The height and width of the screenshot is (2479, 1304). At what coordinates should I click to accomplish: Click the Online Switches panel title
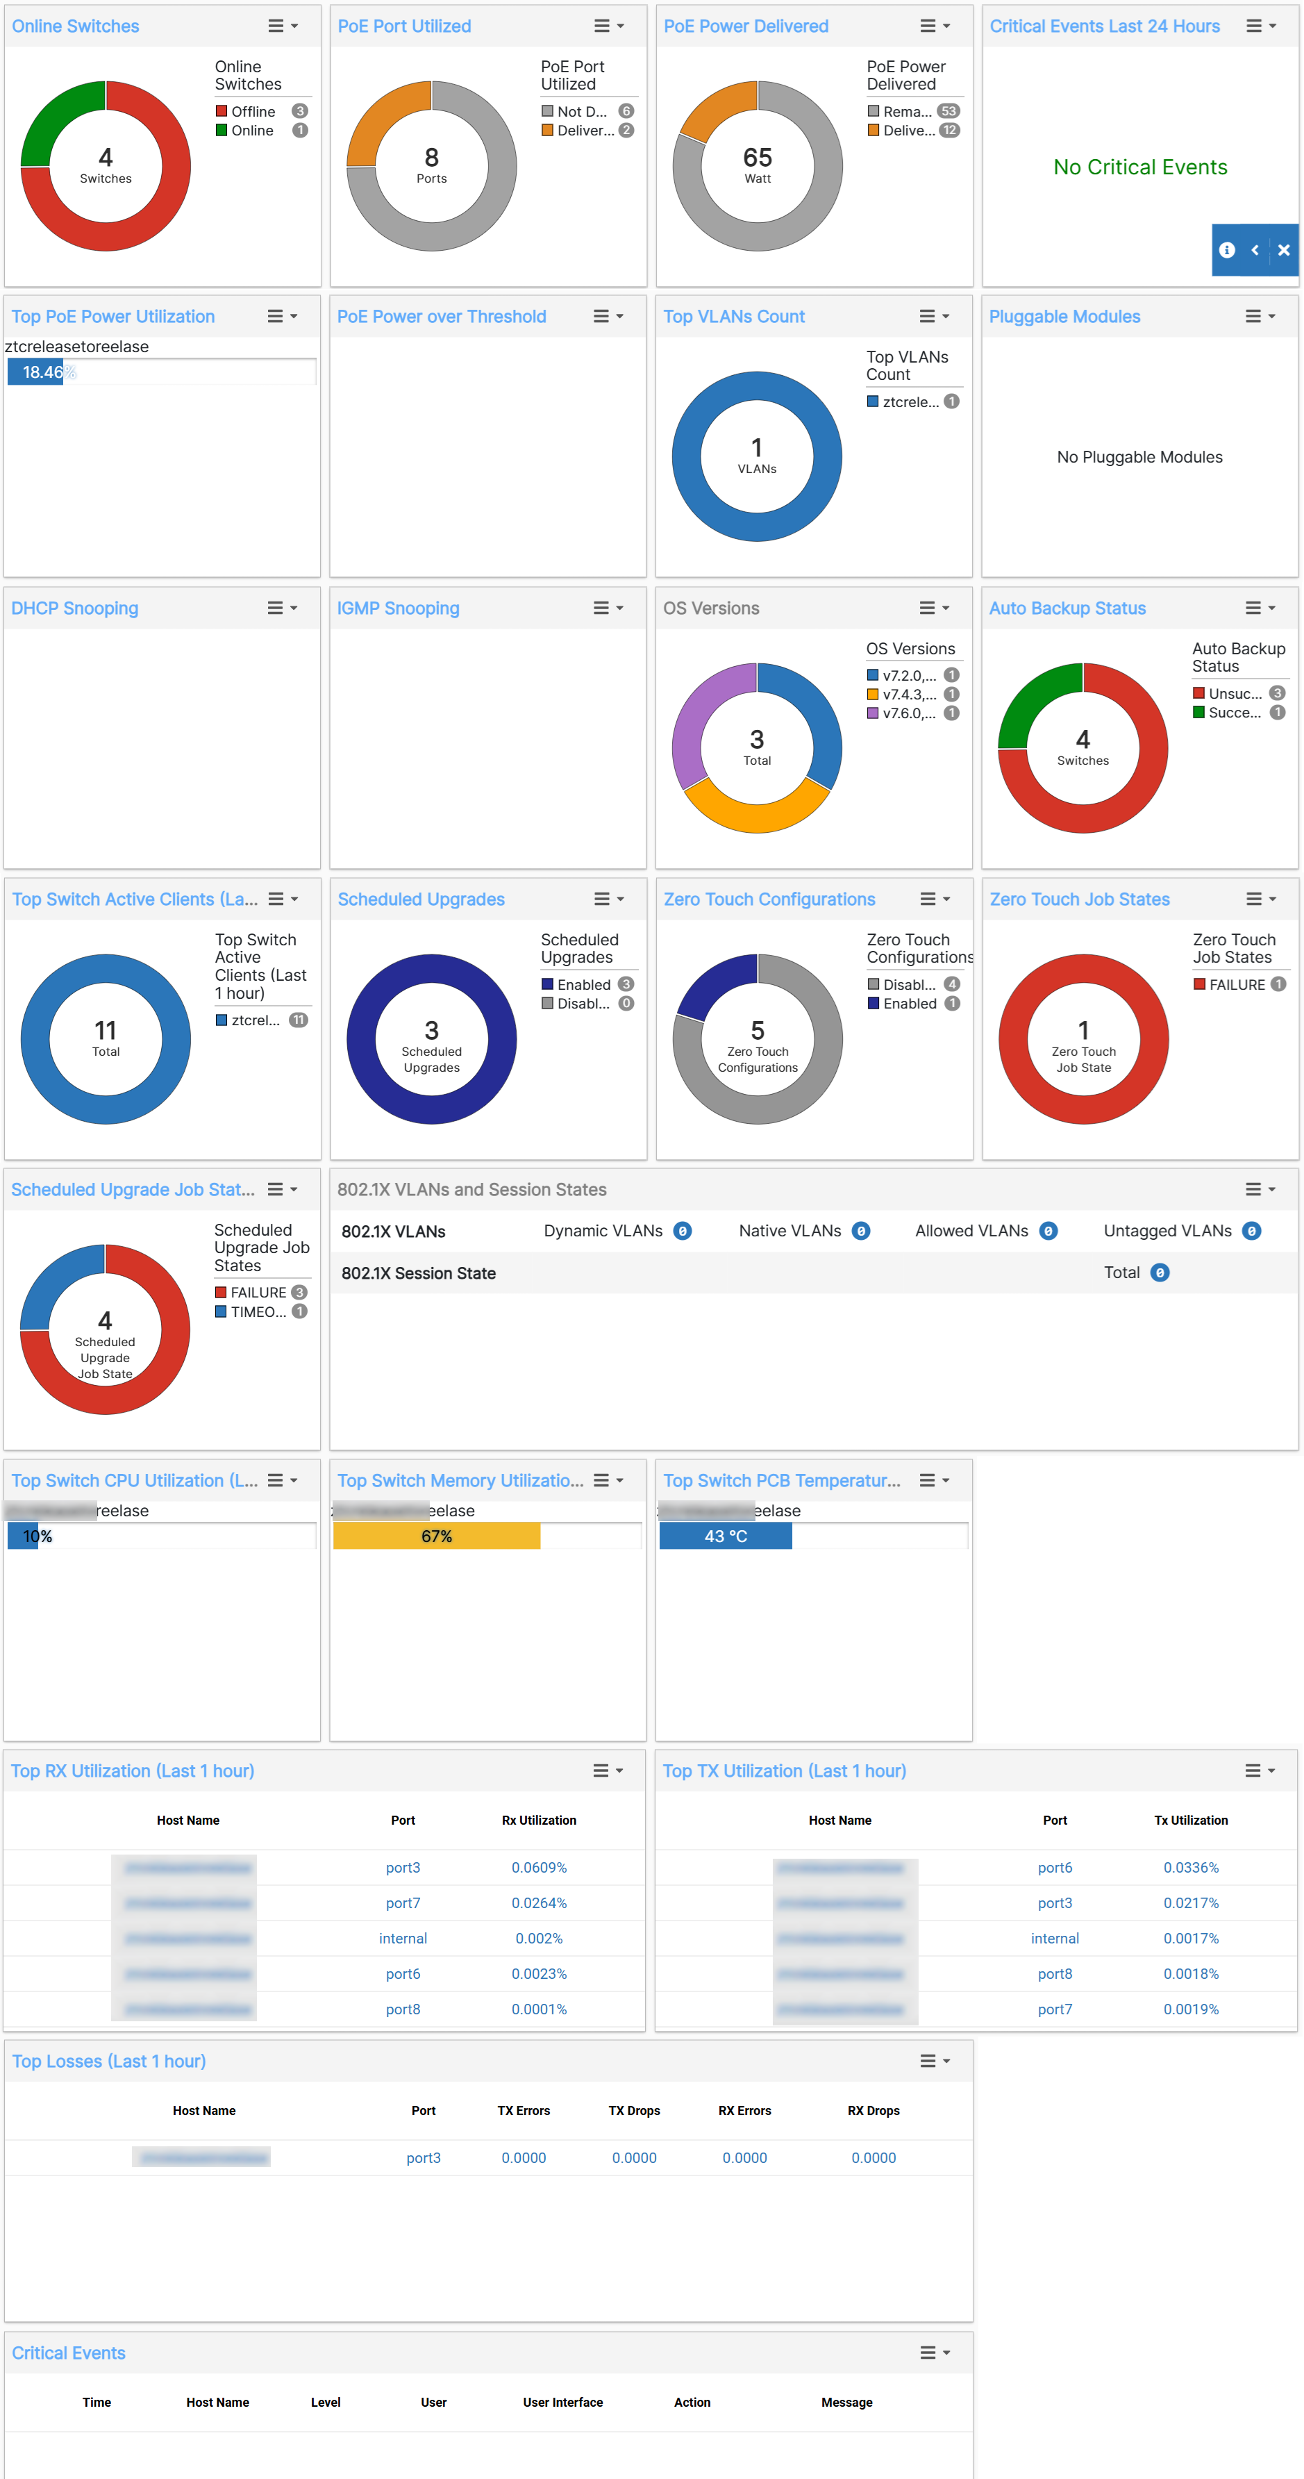pyautogui.click(x=75, y=26)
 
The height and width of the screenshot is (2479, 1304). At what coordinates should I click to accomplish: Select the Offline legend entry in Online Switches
pyautogui.click(x=252, y=112)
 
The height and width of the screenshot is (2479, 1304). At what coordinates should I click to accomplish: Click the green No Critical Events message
pyautogui.click(x=1139, y=167)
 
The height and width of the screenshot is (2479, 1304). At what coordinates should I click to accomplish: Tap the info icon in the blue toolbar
pyautogui.click(x=1226, y=250)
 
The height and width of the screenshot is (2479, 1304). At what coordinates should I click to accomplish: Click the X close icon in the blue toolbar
pyautogui.click(x=1283, y=250)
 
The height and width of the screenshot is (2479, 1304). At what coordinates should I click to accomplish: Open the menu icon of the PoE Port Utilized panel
pyautogui.click(x=608, y=26)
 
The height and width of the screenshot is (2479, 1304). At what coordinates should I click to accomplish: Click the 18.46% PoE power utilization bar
pyautogui.click(x=35, y=372)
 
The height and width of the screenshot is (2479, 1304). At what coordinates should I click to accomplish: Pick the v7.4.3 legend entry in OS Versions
pyautogui.click(x=908, y=695)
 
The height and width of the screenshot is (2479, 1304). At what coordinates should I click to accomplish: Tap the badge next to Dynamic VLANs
pyautogui.click(x=683, y=1231)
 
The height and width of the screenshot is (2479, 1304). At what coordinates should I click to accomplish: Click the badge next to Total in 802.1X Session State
pyautogui.click(x=1160, y=1273)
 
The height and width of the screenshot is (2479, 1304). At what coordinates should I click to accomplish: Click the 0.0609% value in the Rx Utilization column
pyautogui.click(x=539, y=1868)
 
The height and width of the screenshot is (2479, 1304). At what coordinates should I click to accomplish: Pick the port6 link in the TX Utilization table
pyautogui.click(x=1055, y=1868)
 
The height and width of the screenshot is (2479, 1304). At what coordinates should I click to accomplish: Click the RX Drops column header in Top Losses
pyautogui.click(x=873, y=2110)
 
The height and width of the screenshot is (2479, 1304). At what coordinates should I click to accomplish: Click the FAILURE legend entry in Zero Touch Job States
pyautogui.click(x=1237, y=984)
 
